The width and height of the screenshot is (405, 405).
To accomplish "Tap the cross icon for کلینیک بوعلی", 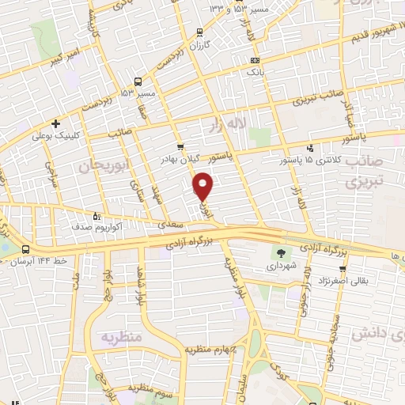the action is click(x=55, y=123).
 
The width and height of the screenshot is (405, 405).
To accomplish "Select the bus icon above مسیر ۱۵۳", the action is click(x=139, y=81).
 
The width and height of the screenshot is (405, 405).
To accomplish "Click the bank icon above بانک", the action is click(x=255, y=60).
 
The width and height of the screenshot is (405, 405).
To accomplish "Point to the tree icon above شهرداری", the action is click(x=281, y=253).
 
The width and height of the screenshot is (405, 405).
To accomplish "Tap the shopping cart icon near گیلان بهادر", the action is click(x=181, y=146).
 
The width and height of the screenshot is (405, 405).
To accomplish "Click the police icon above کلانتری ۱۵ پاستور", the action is click(x=310, y=148).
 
